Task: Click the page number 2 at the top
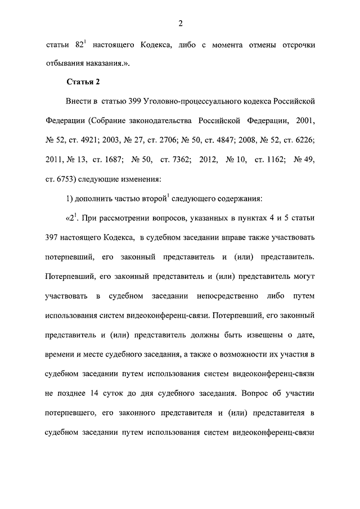(180, 23)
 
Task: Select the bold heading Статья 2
(83, 82)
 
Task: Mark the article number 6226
(301, 140)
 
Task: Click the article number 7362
(174, 159)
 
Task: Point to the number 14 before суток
(106, 393)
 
